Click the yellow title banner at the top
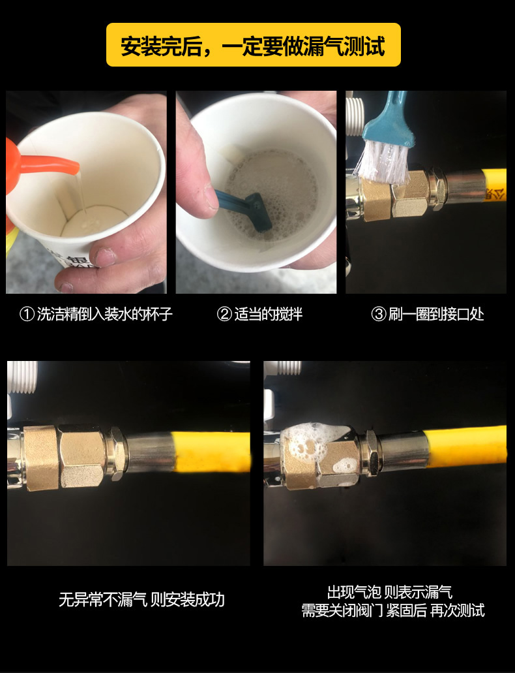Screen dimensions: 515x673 (254, 44)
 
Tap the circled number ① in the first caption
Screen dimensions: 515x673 (27, 314)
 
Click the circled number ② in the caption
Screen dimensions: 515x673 (224, 314)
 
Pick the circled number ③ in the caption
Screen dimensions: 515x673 (378, 314)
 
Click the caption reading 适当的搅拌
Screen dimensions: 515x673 (268, 314)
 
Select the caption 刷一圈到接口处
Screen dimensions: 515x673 (435, 314)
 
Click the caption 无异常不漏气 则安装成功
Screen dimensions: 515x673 (141, 599)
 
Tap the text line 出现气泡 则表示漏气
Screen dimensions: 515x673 (389, 592)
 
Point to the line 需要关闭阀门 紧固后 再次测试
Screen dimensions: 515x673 (393, 610)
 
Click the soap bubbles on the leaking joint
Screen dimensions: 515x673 (315, 446)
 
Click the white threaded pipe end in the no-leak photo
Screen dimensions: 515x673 (23, 377)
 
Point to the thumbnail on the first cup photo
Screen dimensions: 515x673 (105, 257)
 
